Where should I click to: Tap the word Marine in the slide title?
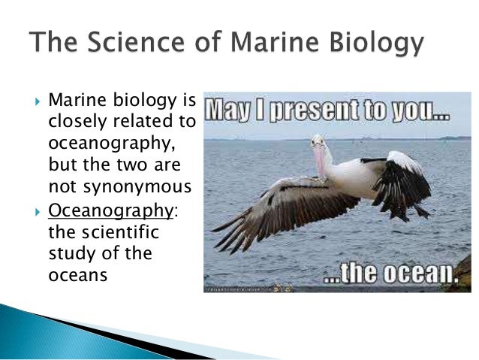(x=259, y=44)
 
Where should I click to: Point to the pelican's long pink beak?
(x=321, y=162)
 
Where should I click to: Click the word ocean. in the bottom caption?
(x=420, y=274)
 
